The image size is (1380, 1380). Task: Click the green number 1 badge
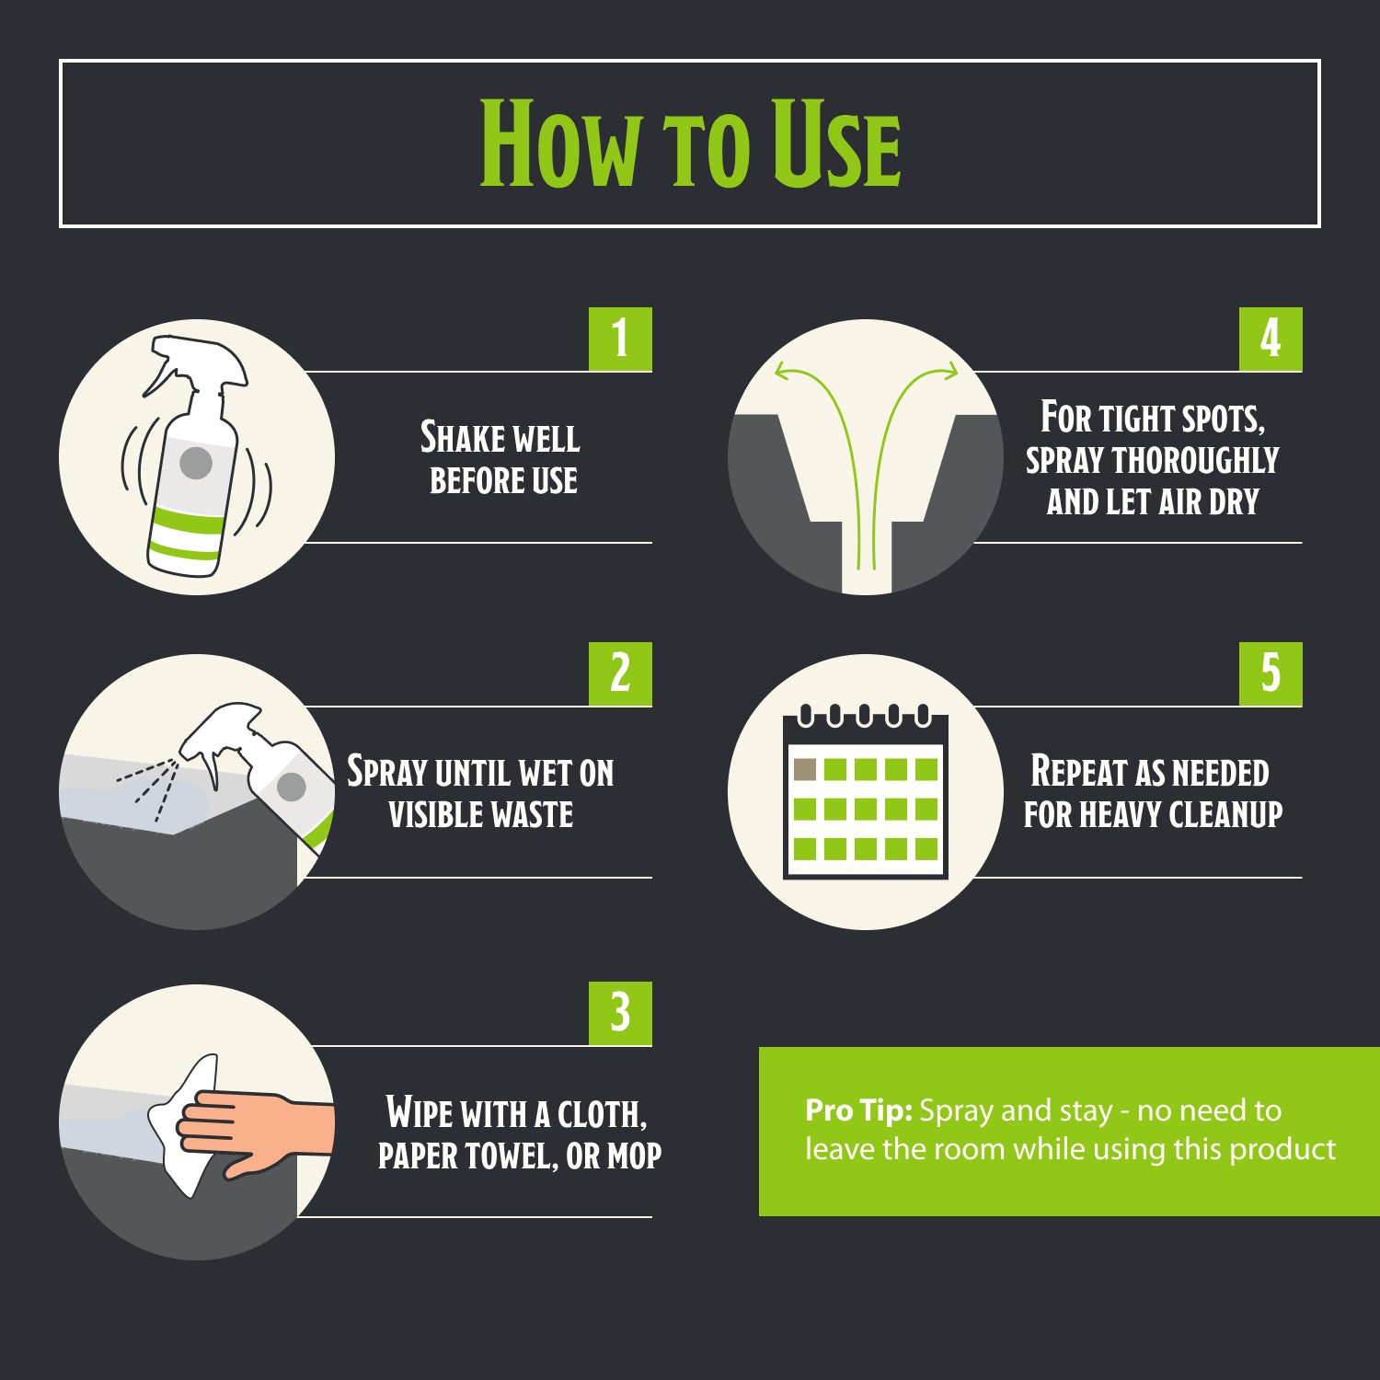620,339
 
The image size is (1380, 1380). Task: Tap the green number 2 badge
620,673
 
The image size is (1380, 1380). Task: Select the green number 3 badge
620,1013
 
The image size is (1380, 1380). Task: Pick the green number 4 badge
1271,339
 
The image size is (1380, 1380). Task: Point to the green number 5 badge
1271,673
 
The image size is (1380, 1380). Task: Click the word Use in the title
835,144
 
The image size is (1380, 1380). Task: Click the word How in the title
559,144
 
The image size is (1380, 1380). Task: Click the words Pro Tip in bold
858,1110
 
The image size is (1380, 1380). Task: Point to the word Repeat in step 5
1077,771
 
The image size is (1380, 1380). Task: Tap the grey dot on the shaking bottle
196,463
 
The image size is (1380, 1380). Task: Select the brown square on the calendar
805,769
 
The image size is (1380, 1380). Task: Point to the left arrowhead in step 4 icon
782,372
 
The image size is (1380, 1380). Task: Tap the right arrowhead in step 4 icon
949,372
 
